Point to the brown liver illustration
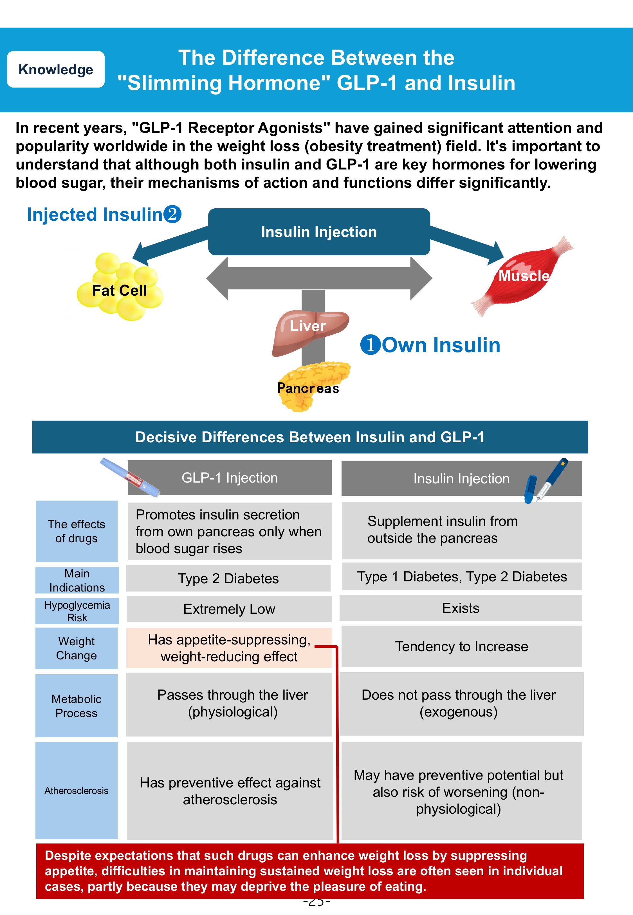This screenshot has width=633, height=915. coord(309,331)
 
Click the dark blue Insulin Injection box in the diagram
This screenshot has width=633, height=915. coord(319,232)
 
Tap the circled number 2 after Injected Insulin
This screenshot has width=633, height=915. coord(172,214)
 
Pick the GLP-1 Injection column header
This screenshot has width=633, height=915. coord(230,478)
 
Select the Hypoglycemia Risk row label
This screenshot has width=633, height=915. coord(77,611)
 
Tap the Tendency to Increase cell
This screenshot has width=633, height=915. coord(461,646)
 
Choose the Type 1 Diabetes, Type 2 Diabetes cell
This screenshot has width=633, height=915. coord(462,577)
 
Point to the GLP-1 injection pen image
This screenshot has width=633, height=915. coord(130,477)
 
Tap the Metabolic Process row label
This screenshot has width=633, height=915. coord(76,706)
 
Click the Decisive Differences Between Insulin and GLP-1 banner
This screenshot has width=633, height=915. coord(310,437)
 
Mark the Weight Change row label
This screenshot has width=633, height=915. coord(76,648)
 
